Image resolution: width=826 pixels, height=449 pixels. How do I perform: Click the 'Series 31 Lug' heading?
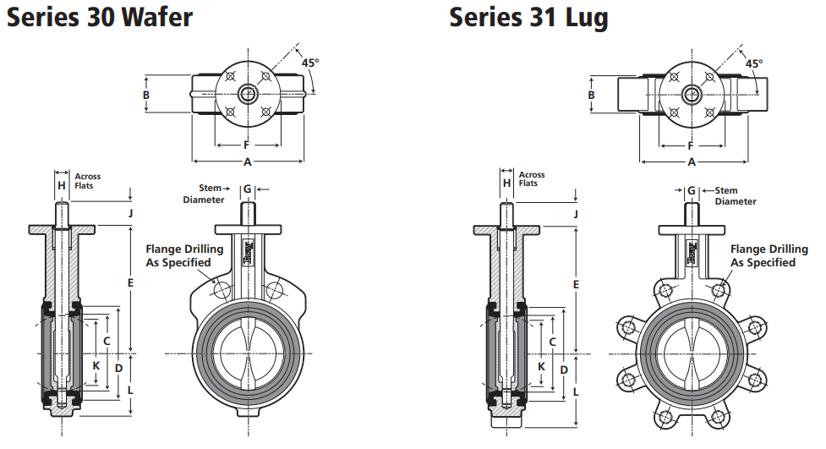(528, 16)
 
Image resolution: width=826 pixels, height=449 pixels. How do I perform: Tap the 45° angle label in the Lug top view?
(753, 63)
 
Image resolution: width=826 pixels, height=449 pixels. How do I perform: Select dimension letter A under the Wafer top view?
(248, 161)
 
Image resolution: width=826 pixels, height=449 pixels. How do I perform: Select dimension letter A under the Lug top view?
(691, 162)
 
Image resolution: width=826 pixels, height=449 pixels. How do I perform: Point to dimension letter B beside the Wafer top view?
(146, 96)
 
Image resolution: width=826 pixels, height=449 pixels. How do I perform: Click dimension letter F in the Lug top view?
(690, 145)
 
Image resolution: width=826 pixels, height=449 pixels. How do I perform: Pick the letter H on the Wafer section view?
(61, 185)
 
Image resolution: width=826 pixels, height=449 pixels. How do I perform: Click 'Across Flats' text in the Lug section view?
(531, 178)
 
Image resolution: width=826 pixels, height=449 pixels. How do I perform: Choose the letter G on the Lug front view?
(691, 190)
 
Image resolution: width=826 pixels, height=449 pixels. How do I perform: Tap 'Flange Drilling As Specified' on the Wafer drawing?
(184, 255)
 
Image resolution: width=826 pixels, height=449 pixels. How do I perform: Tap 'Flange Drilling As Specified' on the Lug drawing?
(763, 255)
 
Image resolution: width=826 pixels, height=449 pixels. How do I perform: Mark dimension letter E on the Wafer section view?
(130, 282)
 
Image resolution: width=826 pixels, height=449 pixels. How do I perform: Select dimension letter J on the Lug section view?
(576, 214)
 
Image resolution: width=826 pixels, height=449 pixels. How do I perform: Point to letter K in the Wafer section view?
(96, 365)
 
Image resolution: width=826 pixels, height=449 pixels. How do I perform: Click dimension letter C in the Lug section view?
(551, 342)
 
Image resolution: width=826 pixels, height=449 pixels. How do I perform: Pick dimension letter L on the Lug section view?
(576, 392)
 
